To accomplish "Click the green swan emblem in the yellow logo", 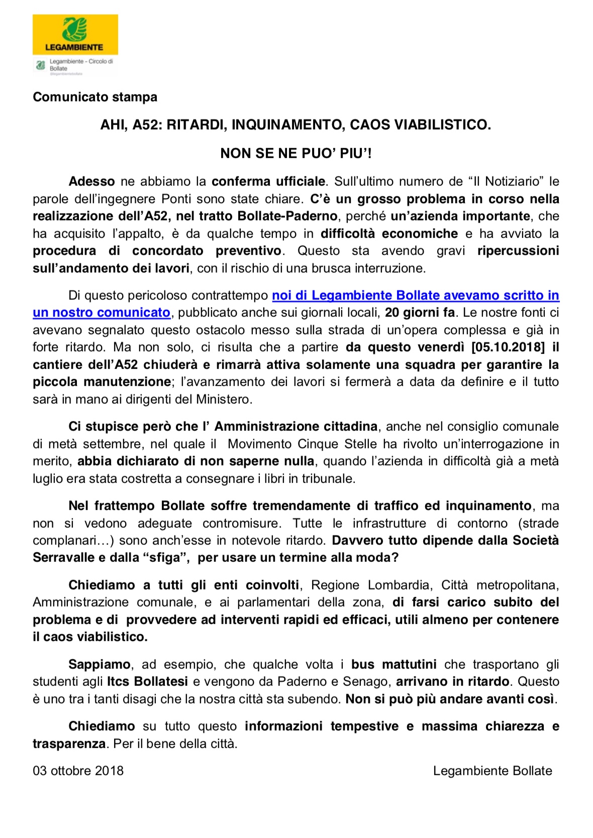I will pyautogui.click(x=74, y=29).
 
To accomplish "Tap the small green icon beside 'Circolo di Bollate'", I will pyautogui.click(x=41, y=65).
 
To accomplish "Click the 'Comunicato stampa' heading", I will pyautogui.click(x=95, y=97).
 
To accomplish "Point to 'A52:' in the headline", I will pyautogui.click(x=147, y=125).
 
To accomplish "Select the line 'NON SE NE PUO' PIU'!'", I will pyautogui.click(x=296, y=153).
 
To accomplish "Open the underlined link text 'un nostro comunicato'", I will pyautogui.click(x=102, y=312).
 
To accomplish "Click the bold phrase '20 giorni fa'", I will pyautogui.click(x=420, y=312).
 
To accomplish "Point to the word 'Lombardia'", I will pyautogui.click(x=399, y=585).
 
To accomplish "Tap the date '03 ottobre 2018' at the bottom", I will pyautogui.click(x=78, y=771).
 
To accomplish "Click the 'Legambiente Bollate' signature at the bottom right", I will pyautogui.click(x=492, y=771).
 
